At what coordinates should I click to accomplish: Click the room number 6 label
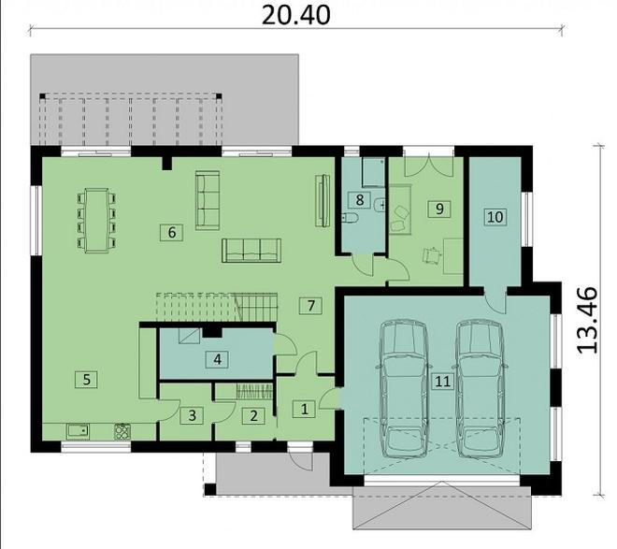(172, 233)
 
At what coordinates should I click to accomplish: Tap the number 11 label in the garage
(442, 381)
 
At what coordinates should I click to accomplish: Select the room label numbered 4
(217, 359)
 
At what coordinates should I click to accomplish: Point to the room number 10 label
(495, 217)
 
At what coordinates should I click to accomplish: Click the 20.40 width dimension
(296, 16)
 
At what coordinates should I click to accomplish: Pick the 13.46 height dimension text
(587, 320)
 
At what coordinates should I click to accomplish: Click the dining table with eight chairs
(97, 221)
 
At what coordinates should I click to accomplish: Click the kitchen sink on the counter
(79, 431)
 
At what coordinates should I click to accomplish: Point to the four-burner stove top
(122, 431)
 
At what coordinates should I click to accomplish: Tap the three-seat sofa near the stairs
(251, 251)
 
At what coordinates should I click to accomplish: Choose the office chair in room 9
(431, 255)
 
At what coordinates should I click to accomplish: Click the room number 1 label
(304, 409)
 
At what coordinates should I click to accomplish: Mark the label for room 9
(439, 209)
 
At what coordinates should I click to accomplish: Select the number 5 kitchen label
(87, 380)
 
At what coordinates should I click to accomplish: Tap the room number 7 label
(310, 305)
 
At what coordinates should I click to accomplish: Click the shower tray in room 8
(373, 172)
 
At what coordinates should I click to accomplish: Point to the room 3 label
(192, 415)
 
